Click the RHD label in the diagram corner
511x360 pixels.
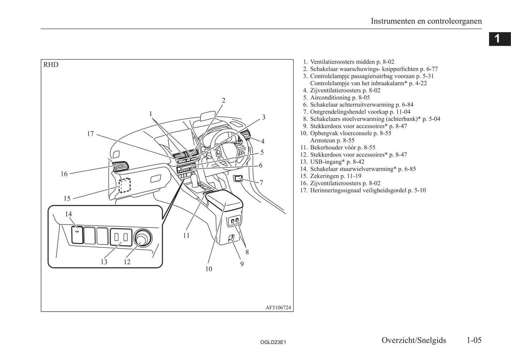click(51, 65)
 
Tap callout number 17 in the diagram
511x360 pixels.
click(91, 134)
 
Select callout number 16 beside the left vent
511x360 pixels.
click(64, 174)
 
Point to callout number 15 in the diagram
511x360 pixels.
click(67, 199)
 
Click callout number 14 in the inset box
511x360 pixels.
click(68, 214)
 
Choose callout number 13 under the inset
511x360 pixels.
click(104, 262)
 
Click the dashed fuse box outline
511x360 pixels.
click(124, 185)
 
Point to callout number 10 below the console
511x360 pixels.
click(209, 269)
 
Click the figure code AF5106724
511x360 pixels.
click(278, 308)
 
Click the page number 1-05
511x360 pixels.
click(474, 340)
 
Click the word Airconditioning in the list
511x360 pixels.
click(330, 98)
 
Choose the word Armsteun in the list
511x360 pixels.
click(322, 140)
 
